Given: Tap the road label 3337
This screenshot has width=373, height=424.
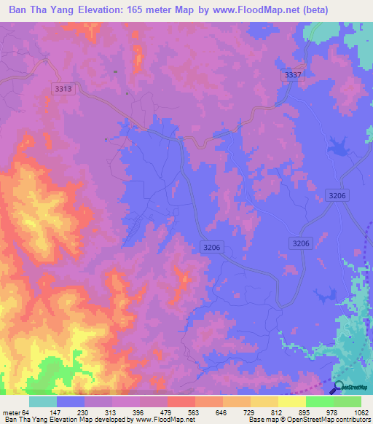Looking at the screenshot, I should coord(292,75).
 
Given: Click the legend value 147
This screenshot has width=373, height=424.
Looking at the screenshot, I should coord(64,412).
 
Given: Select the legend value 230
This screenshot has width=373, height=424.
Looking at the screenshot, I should coord(95,412).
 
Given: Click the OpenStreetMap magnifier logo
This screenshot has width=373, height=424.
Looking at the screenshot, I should coord(339,387).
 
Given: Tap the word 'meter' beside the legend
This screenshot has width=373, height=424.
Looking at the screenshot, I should coord(12,412).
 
